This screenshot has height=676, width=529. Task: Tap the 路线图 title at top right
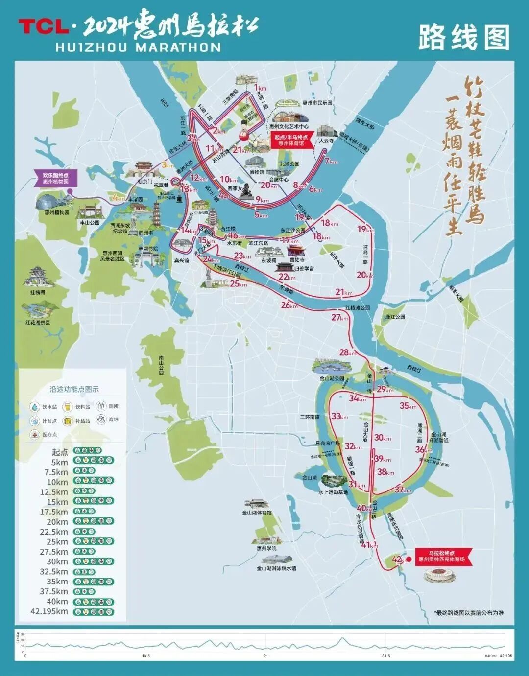coord(463,37)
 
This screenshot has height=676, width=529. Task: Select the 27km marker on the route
coord(338,317)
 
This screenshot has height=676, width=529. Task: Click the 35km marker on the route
coord(408,406)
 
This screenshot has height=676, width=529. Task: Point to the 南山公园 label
coord(161,365)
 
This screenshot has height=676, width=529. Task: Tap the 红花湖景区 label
coord(38,323)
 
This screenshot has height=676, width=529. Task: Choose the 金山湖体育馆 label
coord(257,513)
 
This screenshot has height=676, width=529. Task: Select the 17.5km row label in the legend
coord(54,512)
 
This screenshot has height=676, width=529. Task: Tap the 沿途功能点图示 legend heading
coord(74,389)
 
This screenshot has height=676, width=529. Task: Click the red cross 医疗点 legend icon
coord(35,434)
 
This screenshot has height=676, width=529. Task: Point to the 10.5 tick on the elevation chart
coord(145,656)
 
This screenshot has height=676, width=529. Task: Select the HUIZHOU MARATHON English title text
coord(139,47)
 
